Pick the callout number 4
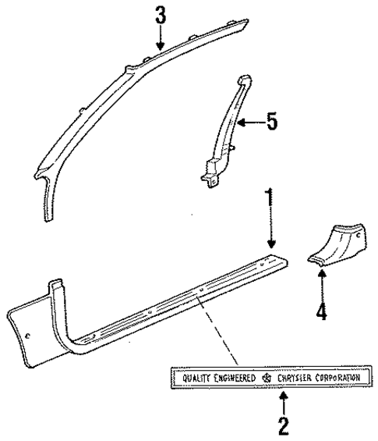321,312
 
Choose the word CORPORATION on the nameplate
337,378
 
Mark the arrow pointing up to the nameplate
282,402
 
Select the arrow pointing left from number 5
249,123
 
